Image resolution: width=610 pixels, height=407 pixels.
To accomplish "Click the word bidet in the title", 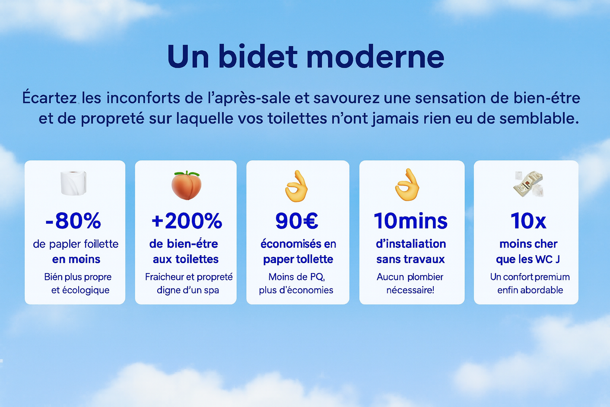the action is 257,57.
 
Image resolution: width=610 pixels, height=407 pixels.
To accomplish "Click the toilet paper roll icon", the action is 73,183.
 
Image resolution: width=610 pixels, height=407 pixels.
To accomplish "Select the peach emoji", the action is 187,185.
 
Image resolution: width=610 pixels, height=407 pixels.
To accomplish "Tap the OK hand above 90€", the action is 296,186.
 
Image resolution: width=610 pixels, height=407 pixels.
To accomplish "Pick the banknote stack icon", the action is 528,184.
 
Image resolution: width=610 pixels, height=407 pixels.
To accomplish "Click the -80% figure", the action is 73,221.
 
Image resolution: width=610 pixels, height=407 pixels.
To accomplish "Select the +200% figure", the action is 187,221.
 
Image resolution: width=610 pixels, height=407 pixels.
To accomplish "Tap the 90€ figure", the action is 297,221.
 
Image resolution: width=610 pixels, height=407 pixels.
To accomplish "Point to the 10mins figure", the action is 411,221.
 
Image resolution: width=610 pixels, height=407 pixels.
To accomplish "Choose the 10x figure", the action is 528,221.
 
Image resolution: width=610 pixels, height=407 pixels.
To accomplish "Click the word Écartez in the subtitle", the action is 49,98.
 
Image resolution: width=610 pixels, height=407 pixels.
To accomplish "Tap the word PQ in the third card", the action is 317,277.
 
